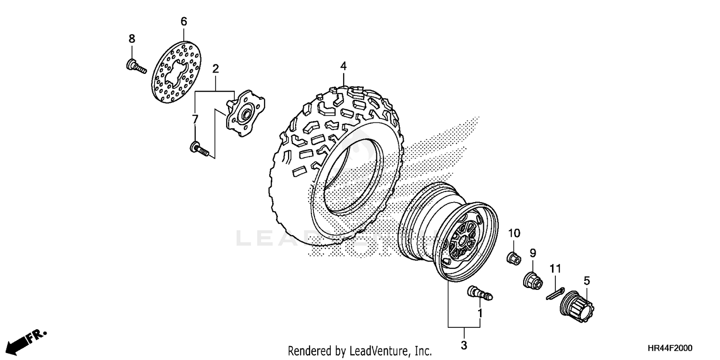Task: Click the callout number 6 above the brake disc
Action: pyautogui.click(x=184, y=22)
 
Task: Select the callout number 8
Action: pyautogui.click(x=132, y=39)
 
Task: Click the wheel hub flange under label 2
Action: pyautogui.click(x=245, y=113)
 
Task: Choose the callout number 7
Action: pyautogui.click(x=195, y=119)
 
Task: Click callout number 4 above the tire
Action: pyautogui.click(x=343, y=66)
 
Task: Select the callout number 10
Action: pyautogui.click(x=514, y=233)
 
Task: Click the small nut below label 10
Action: pyautogui.click(x=514, y=258)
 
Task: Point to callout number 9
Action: pyautogui.click(x=532, y=252)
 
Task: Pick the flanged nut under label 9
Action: pyautogui.click(x=533, y=280)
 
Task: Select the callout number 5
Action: pyautogui.click(x=587, y=280)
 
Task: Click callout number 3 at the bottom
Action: pyautogui.click(x=464, y=345)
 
